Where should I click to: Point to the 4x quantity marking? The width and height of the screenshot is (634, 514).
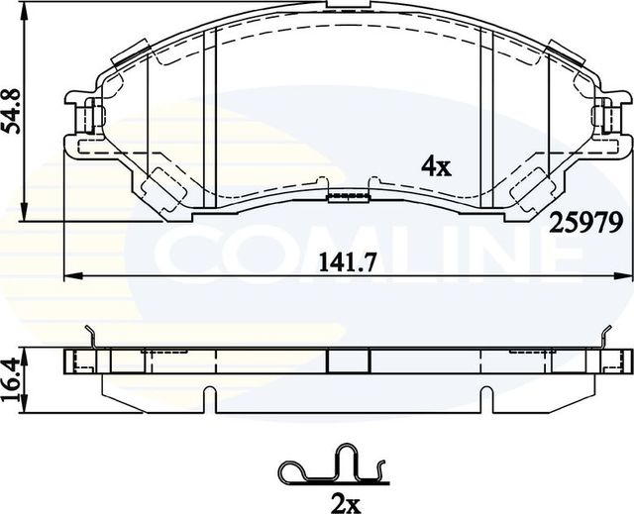coord(435,166)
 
